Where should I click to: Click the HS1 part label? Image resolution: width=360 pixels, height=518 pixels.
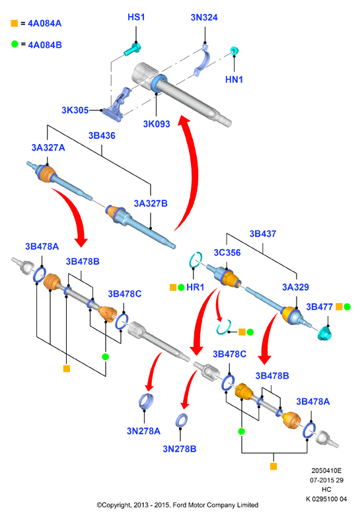[x=136, y=17]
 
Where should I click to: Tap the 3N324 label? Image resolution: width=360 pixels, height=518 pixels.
[x=204, y=17]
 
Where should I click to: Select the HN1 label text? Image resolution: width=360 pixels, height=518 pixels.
[x=234, y=79]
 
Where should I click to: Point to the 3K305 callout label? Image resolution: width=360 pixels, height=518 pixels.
[x=75, y=110]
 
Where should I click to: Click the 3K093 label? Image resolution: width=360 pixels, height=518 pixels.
[x=157, y=124]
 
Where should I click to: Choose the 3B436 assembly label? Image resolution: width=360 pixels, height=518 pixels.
[x=102, y=135]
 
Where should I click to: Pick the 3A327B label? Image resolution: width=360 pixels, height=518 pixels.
[x=151, y=203]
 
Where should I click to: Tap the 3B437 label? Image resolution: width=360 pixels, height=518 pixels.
[x=263, y=234]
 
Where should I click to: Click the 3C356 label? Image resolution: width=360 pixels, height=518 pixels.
[x=227, y=252]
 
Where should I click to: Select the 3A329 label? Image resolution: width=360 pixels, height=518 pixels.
[x=295, y=287]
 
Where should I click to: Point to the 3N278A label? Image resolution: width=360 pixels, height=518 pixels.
[x=144, y=431]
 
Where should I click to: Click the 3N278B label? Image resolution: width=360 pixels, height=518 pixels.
[x=180, y=449]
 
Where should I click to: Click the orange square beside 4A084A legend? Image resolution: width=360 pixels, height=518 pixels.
[x=15, y=23]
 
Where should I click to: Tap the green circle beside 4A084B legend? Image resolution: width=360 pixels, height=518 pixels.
[x=15, y=44]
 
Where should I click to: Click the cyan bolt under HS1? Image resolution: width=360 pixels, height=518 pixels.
[x=133, y=49]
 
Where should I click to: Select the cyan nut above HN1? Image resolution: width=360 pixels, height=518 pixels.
[x=234, y=50]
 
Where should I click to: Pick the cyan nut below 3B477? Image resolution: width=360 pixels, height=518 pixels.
[x=325, y=334]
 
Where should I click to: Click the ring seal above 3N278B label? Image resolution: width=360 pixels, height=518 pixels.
[x=182, y=420]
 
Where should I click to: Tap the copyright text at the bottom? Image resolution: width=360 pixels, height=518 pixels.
[x=177, y=505]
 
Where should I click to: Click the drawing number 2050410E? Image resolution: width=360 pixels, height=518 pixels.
[x=326, y=470]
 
